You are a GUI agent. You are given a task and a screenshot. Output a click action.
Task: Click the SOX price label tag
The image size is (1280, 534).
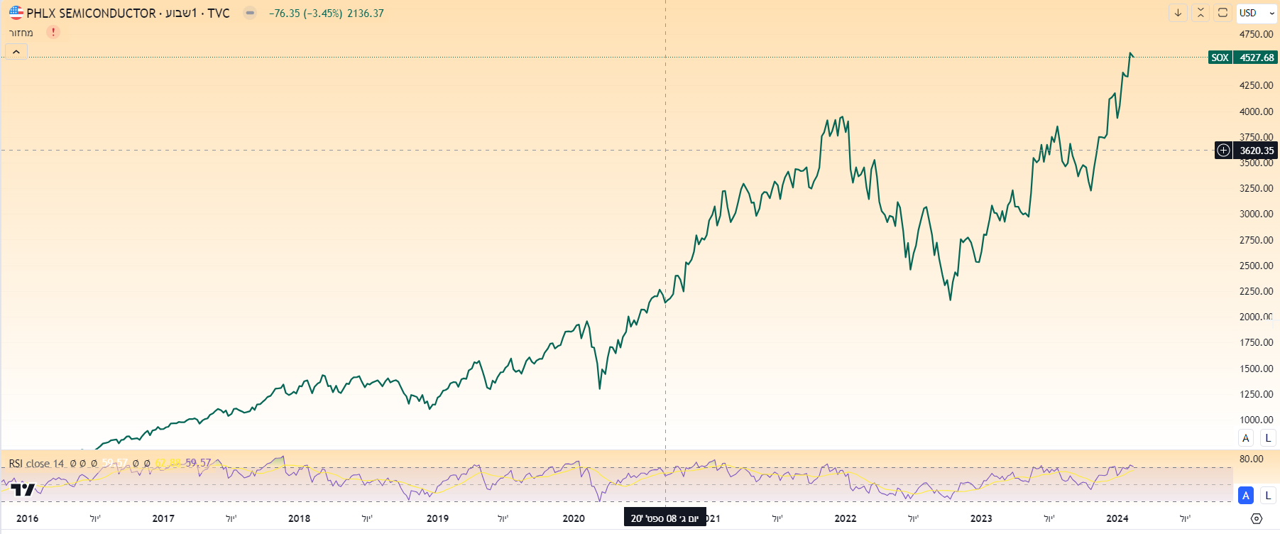(1220, 58)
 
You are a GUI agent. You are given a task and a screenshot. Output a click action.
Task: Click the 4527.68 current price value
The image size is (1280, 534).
(1257, 58)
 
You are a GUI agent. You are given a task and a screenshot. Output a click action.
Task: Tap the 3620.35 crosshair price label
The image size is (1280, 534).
(1257, 151)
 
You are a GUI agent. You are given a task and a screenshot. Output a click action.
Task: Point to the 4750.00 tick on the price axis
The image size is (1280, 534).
(1256, 34)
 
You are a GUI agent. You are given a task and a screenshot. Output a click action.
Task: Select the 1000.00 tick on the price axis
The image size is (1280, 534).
(1256, 420)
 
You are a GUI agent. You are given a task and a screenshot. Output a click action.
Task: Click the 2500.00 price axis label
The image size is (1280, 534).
(1256, 266)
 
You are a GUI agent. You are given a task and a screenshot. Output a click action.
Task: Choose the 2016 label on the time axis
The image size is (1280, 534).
(27, 518)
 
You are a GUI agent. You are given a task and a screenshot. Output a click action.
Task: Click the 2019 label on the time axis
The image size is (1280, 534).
(437, 518)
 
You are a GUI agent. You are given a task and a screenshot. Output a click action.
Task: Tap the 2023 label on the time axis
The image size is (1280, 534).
(981, 518)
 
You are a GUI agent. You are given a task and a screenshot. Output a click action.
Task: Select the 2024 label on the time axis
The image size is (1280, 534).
(1117, 518)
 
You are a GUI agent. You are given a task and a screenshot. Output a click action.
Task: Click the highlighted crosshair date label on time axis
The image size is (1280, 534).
(664, 518)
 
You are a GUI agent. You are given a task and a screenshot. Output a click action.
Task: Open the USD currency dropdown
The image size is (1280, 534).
(1256, 13)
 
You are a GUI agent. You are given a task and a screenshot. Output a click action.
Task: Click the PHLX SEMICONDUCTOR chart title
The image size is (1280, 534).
(91, 13)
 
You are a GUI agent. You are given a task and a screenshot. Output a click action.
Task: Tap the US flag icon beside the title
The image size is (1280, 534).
(16, 13)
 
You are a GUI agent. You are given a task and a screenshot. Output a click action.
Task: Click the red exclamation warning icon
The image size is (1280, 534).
(53, 32)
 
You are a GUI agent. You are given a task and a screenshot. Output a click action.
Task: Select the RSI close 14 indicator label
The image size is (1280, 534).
(36, 464)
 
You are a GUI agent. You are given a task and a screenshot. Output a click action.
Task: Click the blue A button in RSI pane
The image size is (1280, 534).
(1245, 496)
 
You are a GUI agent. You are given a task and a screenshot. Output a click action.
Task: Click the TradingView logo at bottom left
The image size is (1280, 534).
(23, 489)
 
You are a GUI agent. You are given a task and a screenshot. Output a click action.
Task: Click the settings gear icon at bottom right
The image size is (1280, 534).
(1256, 519)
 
